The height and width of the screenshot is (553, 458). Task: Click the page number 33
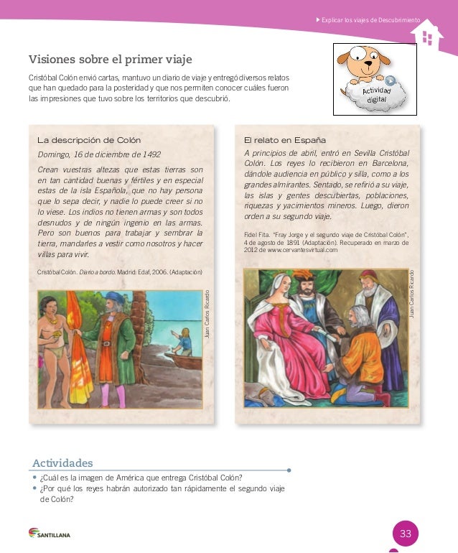coord(406,534)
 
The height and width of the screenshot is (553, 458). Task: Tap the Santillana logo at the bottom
coord(50,534)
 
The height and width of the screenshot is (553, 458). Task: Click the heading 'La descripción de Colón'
coord(89,139)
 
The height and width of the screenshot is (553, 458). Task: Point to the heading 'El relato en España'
coord(285,139)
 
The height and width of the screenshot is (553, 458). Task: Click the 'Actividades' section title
coord(62,462)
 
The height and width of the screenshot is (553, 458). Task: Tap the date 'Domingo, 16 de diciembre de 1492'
coord(99,154)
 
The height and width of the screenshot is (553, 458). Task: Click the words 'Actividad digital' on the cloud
coord(377,95)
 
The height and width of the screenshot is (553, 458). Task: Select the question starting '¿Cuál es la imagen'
coord(141,478)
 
